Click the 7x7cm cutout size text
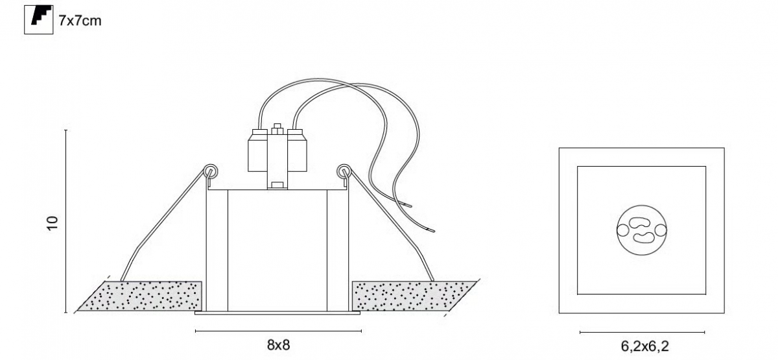click(x=80, y=21)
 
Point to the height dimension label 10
click(x=53, y=222)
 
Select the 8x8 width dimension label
click(x=278, y=345)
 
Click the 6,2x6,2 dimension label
click(x=644, y=346)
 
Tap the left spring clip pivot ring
click(x=211, y=171)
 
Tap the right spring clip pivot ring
click(x=344, y=171)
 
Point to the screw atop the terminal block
click(x=277, y=129)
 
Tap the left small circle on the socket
click(x=622, y=230)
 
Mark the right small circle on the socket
click(x=661, y=230)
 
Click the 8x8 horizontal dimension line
click(x=278, y=331)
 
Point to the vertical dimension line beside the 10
click(x=65, y=221)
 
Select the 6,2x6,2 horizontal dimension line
click(x=642, y=333)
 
